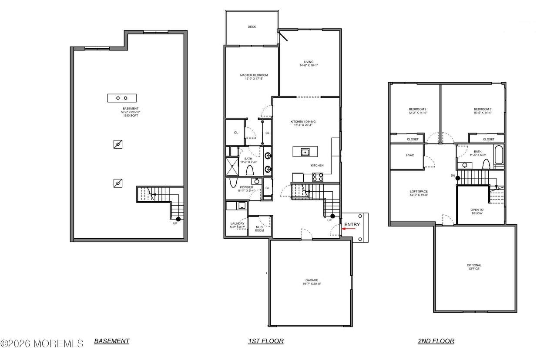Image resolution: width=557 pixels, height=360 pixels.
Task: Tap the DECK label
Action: (252, 27)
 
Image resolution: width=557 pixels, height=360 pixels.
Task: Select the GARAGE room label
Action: (311, 280)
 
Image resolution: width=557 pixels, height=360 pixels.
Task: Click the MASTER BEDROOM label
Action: (254, 75)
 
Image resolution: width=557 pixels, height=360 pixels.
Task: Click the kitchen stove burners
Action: (318, 177)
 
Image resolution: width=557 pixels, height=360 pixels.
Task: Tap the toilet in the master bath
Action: (250, 170)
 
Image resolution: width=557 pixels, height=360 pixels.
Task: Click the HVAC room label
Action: (409, 155)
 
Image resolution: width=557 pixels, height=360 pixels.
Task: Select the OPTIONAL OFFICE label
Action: (474, 267)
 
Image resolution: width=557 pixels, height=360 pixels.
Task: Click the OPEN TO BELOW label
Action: (477, 211)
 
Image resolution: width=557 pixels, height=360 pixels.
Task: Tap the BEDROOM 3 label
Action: (483, 109)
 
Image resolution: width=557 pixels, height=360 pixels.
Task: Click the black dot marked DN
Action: (458, 178)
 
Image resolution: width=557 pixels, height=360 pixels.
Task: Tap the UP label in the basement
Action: (175, 223)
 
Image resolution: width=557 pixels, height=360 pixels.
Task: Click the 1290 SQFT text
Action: (130, 116)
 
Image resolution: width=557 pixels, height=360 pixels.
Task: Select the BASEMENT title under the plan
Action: (112, 341)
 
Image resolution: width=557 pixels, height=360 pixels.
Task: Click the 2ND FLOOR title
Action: (436, 341)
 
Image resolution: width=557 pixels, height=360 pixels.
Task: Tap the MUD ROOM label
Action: (259, 228)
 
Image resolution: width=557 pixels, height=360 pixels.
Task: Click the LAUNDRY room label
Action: (238, 223)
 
